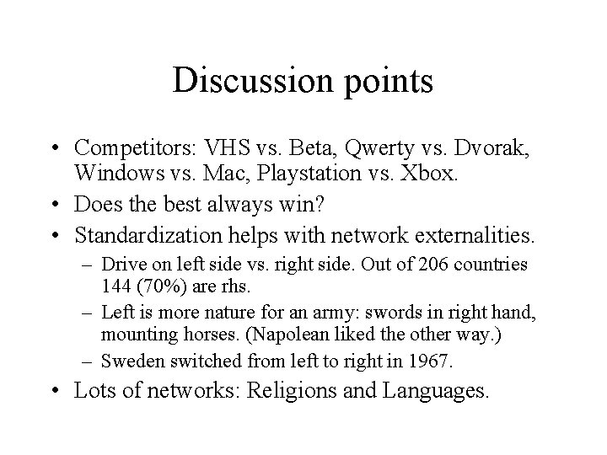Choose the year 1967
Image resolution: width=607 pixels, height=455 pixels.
pyautogui.click(x=432, y=361)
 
